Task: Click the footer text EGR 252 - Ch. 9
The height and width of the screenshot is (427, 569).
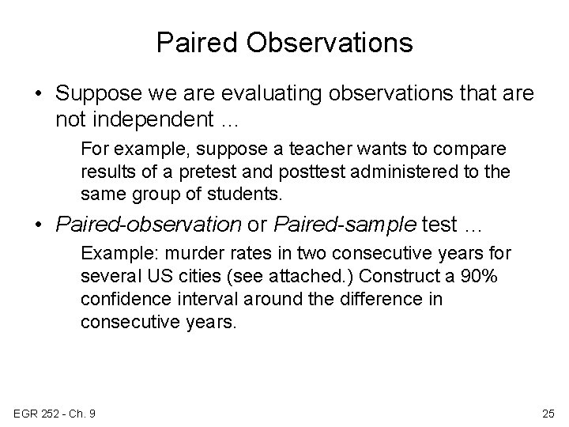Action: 54,413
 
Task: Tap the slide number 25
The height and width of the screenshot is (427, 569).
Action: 548,413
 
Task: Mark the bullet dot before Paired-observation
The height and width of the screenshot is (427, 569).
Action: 38,225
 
